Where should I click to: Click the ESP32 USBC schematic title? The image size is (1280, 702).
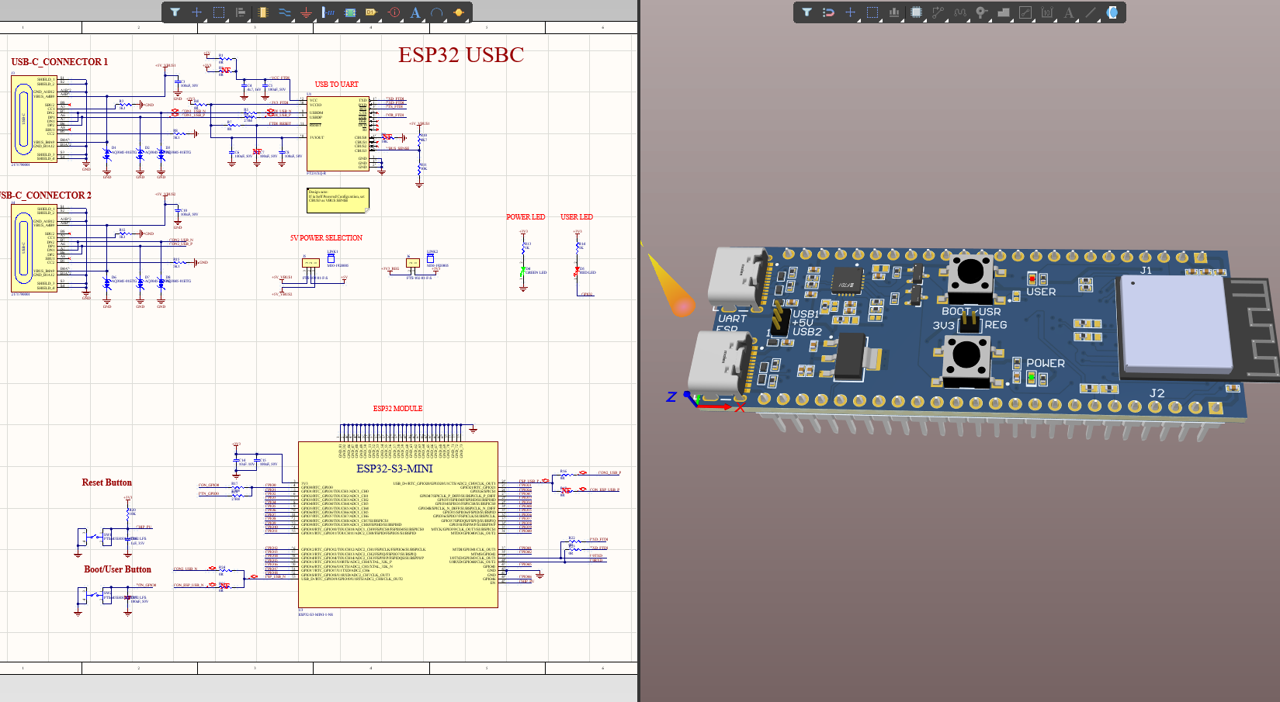[x=461, y=55]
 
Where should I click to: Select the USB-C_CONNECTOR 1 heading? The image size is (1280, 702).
[x=59, y=62]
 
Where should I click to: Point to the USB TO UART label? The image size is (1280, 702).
[x=336, y=85]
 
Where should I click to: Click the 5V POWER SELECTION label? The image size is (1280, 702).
[x=326, y=238]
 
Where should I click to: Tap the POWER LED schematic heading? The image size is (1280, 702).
[x=526, y=217]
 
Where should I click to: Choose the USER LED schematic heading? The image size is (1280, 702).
[x=577, y=217]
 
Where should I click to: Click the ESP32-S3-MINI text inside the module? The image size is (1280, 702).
[x=394, y=469]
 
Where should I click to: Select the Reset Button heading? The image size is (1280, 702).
[x=107, y=482]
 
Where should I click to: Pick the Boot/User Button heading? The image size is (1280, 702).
[x=117, y=569]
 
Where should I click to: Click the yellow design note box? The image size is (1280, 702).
[x=338, y=199]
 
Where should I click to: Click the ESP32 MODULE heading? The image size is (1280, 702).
[x=397, y=409]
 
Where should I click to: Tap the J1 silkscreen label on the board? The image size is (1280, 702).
[x=1146, y=271]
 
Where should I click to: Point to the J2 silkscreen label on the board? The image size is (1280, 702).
[x=1157, y=393]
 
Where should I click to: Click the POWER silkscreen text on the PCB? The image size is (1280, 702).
[x=1046, y=363]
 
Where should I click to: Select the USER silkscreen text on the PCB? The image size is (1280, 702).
[x=1041, y=292]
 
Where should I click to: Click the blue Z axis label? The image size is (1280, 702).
[x=671, y=397]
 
